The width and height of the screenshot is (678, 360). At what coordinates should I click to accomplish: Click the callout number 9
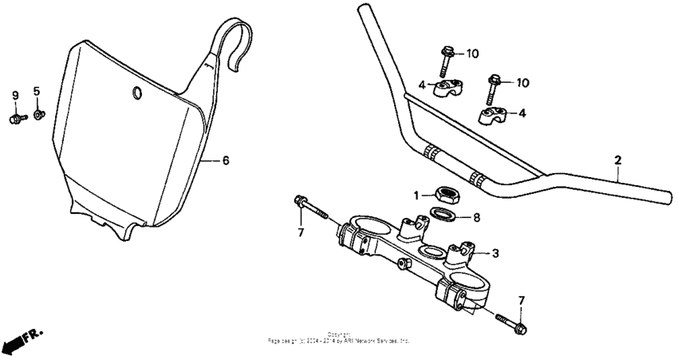coord(14,97)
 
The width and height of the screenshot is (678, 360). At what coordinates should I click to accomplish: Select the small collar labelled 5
coord(40,117)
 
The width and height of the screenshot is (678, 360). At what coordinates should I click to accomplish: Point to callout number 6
coord(226,160)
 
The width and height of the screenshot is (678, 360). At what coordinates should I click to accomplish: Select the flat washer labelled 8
coord(444,214)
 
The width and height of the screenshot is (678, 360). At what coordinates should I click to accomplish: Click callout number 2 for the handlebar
coord(617,160)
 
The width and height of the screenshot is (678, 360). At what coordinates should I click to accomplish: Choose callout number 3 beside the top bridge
coord(495,254)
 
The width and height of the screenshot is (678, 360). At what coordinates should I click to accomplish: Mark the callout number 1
coord(416,195)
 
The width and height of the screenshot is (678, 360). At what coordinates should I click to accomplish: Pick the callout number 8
coord(476,216)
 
